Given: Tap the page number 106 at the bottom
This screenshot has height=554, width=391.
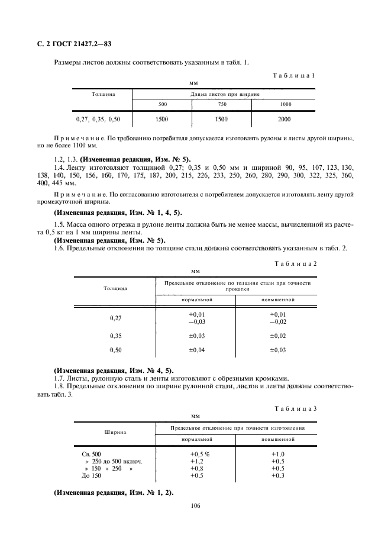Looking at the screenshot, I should tap(196, 505).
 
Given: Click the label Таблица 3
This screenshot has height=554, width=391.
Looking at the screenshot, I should tap(296, 409).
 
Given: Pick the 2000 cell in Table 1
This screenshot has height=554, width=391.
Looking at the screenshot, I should tap(285, 119).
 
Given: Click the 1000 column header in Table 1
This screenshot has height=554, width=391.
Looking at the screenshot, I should tap(285, 104).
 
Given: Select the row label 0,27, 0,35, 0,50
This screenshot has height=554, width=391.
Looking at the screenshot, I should tap(98, 119).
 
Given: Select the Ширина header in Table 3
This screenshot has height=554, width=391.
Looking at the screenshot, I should tap(115, 432).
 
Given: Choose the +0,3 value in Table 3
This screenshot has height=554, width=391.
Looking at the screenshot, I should tap(277, 475).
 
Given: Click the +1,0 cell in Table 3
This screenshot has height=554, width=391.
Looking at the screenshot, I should tap(277, 453).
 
